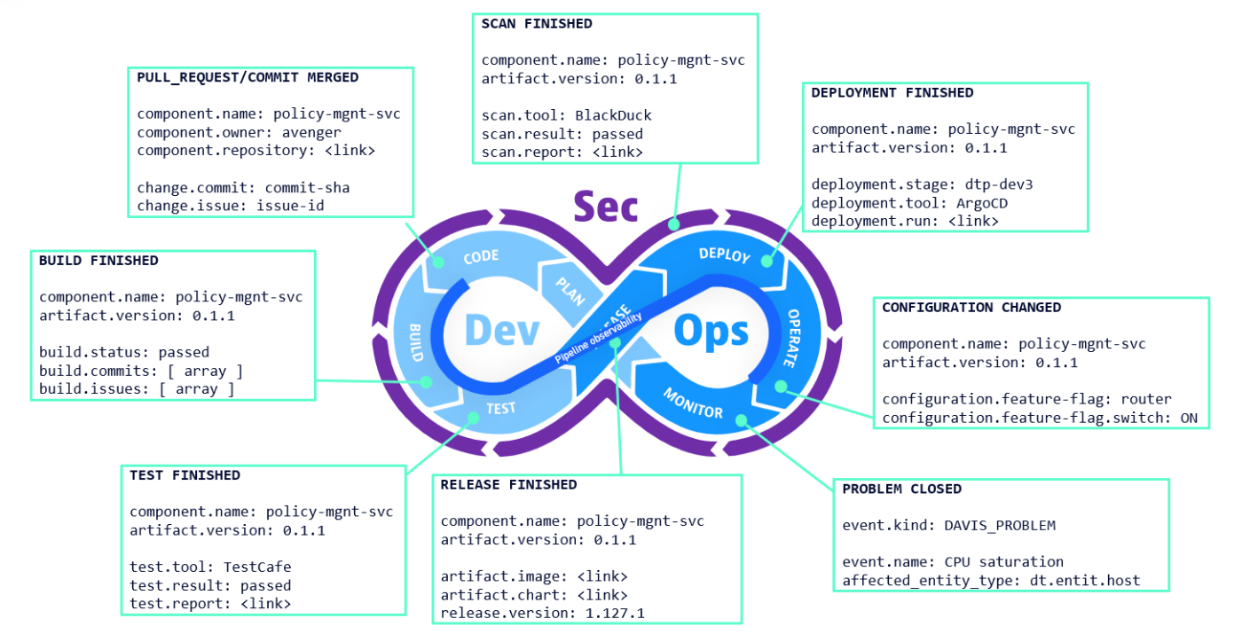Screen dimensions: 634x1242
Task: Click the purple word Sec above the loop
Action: click(605, 206)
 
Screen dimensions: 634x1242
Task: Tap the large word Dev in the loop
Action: click(502, 331)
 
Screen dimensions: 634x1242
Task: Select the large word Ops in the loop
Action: click(711, 331)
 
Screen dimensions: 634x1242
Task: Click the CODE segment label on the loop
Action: click(481, 257)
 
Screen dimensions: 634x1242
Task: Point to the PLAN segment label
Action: click(569, 290)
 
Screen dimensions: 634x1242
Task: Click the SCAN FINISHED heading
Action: click(537, 24)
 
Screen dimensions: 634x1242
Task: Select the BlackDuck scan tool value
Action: click(612, 115)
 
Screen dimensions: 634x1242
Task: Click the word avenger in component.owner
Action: click(311, 132)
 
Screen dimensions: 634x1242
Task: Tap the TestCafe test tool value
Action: click(257, 567)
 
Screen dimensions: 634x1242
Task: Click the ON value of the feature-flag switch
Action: click(1189, 418)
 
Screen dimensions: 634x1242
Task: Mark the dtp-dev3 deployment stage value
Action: click(998, 184)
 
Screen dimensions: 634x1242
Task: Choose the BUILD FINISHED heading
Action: click(98, 261)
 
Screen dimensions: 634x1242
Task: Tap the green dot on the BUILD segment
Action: click(426, 382)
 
